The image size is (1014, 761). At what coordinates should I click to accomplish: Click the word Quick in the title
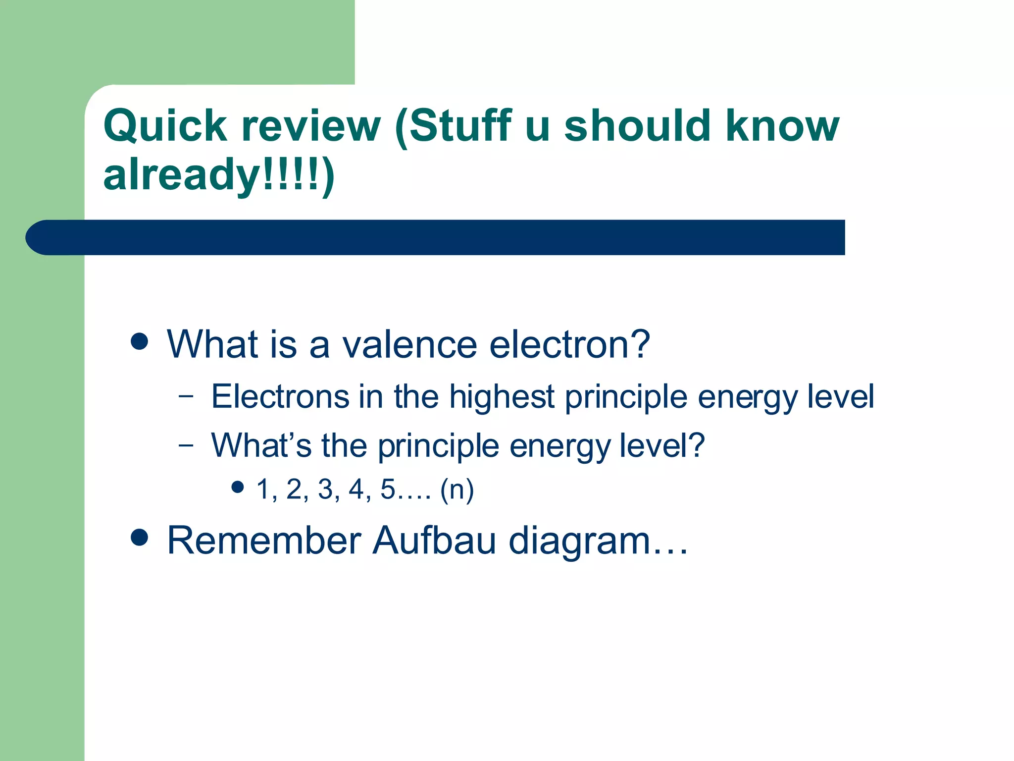pyautogui.click(x=165, y=126)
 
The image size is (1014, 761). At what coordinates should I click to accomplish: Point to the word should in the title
pyautogui.click(x=638, y=126)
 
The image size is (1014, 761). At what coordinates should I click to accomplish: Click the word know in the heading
pyautogui.click(x=782, y=126)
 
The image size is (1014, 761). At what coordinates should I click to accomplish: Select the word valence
pyautogui.click(x=409, y=344)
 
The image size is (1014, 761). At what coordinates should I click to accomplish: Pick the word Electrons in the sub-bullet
pyautogui.click(x=280, y=396)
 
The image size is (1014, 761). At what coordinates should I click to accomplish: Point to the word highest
pyautogui.click(x=501, y=396)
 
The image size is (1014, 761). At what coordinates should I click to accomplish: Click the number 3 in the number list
pyautogui.click(x=325, y=489)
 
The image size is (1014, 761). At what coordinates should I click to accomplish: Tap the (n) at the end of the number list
pyautogui.click(x=456, y=489)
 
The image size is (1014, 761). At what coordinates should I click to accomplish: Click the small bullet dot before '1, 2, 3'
pyautogui.click(x=238, y=487)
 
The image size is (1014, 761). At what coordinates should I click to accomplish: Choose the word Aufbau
pyautogui.click(x=434, y=540)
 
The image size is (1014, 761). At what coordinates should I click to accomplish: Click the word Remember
pyautogui.click(x=264, y=540)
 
